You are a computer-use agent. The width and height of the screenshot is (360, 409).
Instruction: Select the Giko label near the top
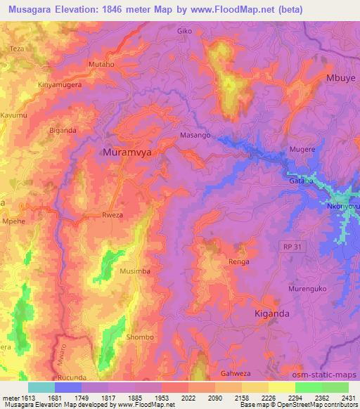point(184,32)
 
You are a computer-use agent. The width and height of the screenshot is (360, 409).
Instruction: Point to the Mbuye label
point(340,78)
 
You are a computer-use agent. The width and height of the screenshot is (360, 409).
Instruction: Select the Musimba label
point(135,271)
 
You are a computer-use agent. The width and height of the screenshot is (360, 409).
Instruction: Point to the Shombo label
point(139,337)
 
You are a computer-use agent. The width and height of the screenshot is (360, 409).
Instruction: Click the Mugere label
point(303,150)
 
